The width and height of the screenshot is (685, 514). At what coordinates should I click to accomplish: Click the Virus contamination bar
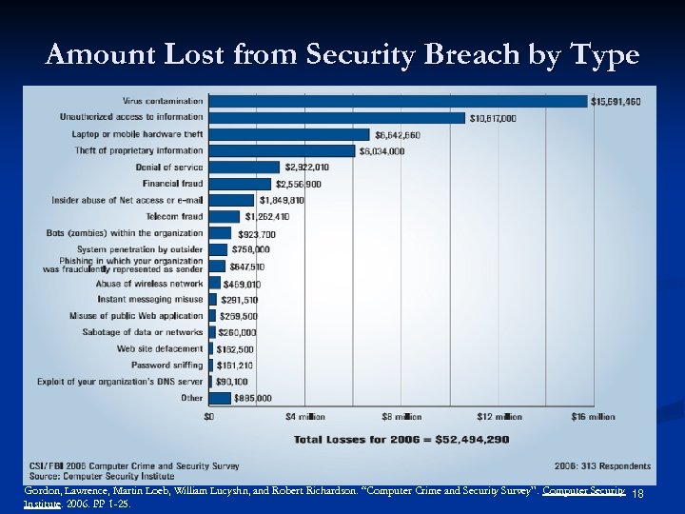(398, 101)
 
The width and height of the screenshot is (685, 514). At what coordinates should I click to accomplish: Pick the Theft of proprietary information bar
(283, 150)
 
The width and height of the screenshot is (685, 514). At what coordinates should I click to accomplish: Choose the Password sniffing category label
(167, 365)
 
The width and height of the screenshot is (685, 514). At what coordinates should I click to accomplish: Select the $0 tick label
(211, 416)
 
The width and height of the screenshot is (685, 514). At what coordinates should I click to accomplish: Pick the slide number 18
(638, 493)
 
